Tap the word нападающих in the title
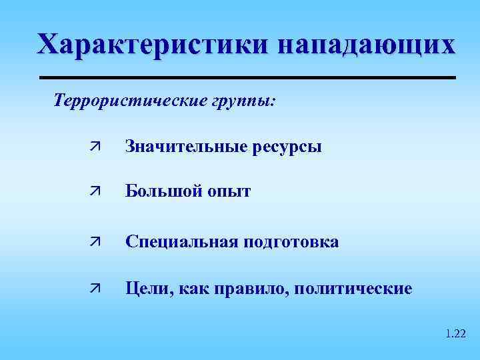(x=367, y=45)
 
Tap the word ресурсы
(x=288, y=147)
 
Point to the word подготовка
(x=290, y=241)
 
